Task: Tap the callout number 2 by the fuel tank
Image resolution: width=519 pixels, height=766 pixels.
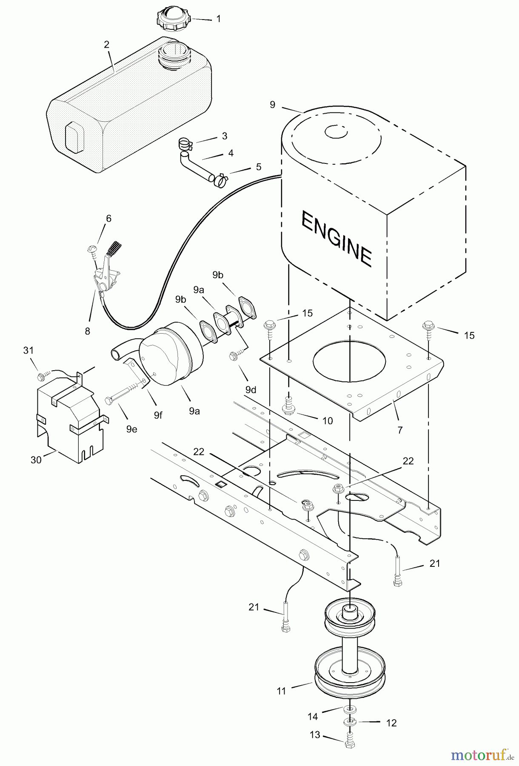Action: coord(106,45)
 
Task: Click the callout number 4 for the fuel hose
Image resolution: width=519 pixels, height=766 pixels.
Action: coord(231,153)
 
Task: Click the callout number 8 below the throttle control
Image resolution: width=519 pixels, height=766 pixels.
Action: coord(87,332)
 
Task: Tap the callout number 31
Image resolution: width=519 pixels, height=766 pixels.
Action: coord(29,350)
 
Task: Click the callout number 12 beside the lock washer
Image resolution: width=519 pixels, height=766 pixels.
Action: coord(391,723)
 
